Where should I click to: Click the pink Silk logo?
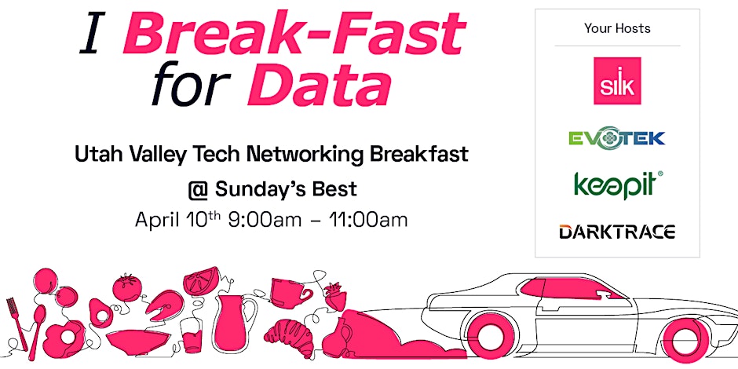pyautogui.click(x=617, y=81)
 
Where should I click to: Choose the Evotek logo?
pyautogui.click(x=616, y=138)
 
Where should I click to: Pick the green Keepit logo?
pyautogui.click(x=618, y=185)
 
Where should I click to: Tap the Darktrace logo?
pyautogui.click(x=617, y=232)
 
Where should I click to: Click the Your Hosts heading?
pyautogui.click(x=617, y=28)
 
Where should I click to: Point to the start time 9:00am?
pyautogui.click(x=265, y=220)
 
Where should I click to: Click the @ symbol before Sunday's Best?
pyautogui.click(x=198, y=190)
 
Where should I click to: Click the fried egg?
pyautogui.click(x=64, y=338)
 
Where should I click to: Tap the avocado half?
pyautogui.click(x=100, y=313)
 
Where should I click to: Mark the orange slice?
pyautogui.click(x=203, y=281)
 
